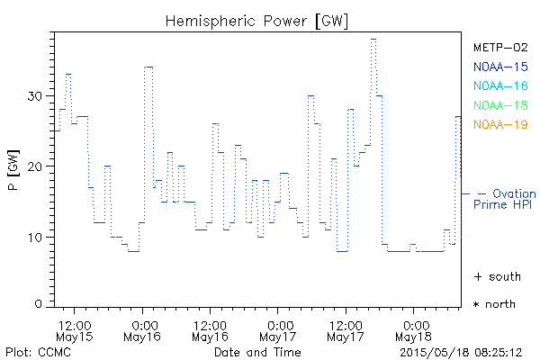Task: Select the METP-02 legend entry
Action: (500, 47)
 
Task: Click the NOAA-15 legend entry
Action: (500, 66)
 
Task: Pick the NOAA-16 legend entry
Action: (500, 85)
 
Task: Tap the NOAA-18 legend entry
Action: (500, 105)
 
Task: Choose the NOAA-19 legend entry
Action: (500, 124)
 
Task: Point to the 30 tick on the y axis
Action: (37, 96)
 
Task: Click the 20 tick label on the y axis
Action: (37, 166)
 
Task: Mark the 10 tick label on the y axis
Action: (37, 237)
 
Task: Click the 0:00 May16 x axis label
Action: (142, 329)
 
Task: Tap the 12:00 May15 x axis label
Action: (74, 329)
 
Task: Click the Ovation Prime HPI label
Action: (504, 199)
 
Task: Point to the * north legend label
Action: (495, 304)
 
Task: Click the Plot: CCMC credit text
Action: (35, 351)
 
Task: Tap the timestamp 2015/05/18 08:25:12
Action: (461, 351)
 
